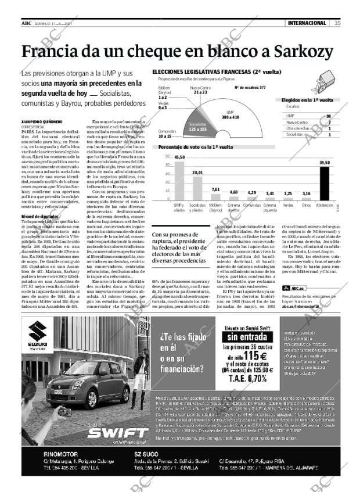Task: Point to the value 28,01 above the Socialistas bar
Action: click(181, 173)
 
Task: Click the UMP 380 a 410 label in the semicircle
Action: click(230, 114)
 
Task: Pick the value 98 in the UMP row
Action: click(329, 116)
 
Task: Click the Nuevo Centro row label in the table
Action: click(297, 122)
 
